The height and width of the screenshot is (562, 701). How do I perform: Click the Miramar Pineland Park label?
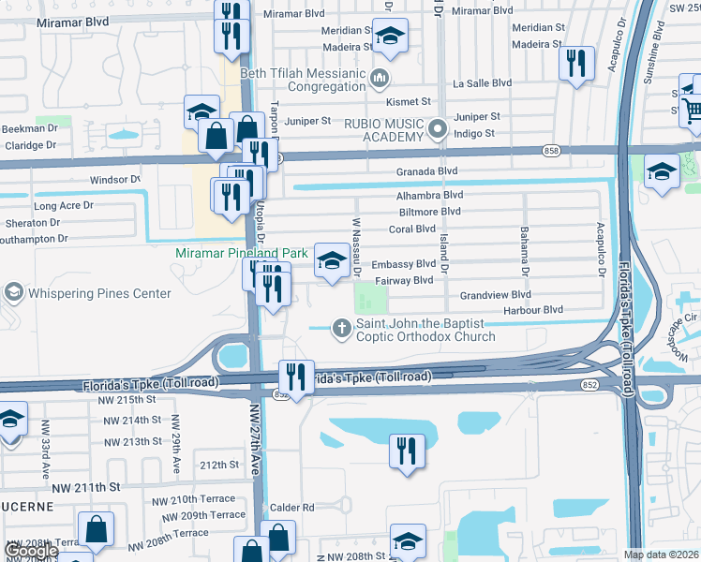[x=242, y=254]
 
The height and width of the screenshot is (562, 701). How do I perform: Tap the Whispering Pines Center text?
[x=99, y=293]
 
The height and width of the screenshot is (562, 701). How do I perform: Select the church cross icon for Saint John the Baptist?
[x=343, y=327]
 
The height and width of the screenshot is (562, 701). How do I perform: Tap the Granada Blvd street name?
[x=426, y=171]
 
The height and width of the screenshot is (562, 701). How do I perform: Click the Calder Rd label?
[x=294, y=508]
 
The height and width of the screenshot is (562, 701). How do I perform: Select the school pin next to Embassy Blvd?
[x=332, y=261]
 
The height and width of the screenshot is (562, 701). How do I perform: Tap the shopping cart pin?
[x=692, y=111]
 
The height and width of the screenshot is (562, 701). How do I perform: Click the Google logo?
[x=33, y=552]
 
